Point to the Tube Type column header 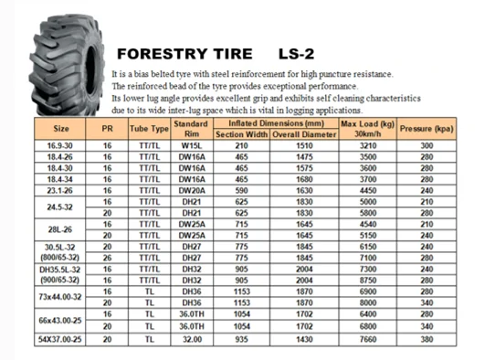coord(149,128)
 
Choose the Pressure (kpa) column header coord(426,128)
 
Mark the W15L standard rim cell coord(191,145)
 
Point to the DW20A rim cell coord(191,190)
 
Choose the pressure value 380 coord(426,339)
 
